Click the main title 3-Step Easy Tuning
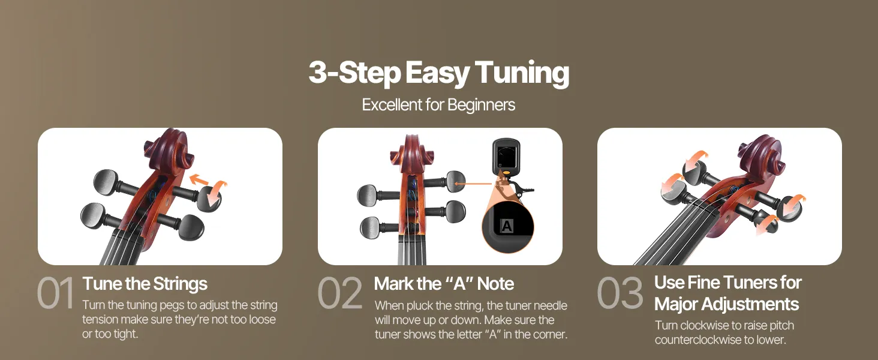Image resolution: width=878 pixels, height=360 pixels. (x=438, y=73)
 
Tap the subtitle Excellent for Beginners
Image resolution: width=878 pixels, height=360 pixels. (x=438, y=105)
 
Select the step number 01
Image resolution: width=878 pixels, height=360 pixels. (x=55, y=293)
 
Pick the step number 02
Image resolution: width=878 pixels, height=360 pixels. (x=340, y=293)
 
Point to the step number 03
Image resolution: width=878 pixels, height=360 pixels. (x=620, y=293)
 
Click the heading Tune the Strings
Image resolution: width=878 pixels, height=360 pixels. (x=145, y=284)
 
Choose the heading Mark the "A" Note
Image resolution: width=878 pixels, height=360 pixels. (x=444, y=284)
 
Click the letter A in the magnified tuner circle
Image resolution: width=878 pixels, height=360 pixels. (x=506, y=226)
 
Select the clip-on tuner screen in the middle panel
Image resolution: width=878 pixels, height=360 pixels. (x=506, y=156)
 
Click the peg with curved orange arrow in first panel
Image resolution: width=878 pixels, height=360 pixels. (x=209, y=197)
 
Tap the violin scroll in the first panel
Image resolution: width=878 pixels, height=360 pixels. (x=169, y=151)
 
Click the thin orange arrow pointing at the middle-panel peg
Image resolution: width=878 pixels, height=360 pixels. (x=473, y=184)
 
